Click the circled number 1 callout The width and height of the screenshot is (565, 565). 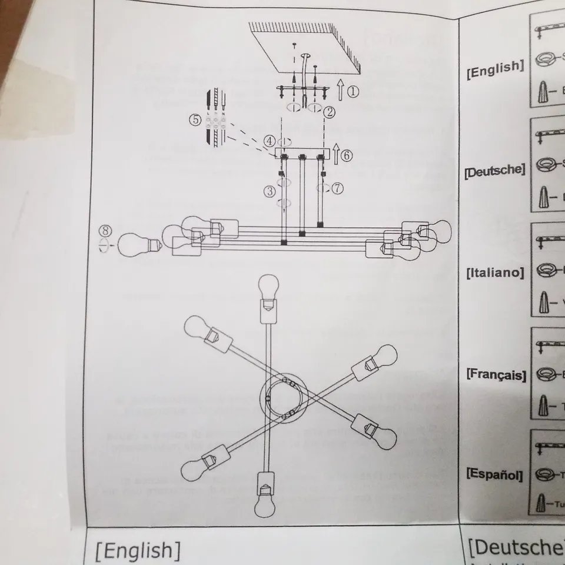pyautogui.click(x=352, y=91)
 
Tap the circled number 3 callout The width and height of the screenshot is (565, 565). pyautogui.click(x=270, y=191)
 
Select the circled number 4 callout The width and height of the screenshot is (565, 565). pyautogui.click(x=269, y=141)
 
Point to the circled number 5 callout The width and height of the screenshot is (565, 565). pyautogui.click(x=195, y=119)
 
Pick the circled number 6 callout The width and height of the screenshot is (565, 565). pyautogui.click(x=347, y=155)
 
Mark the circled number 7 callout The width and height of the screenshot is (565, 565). pyautogui.click(x=337, y=188)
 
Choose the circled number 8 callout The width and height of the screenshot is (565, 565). pyautogui.click(x=104, y=230)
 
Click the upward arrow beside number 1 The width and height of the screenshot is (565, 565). pyautogui.click(x=340, y=91)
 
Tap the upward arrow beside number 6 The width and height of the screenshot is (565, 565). pyautogui.click(x=335, y=155)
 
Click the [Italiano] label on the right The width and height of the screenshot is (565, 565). pyautogui.click(x=494, y=272)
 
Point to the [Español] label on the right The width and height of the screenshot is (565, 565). pyautogui.click(x=494, y=474)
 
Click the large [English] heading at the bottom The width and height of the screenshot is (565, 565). pyautogui.click(x=138, y=550)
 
